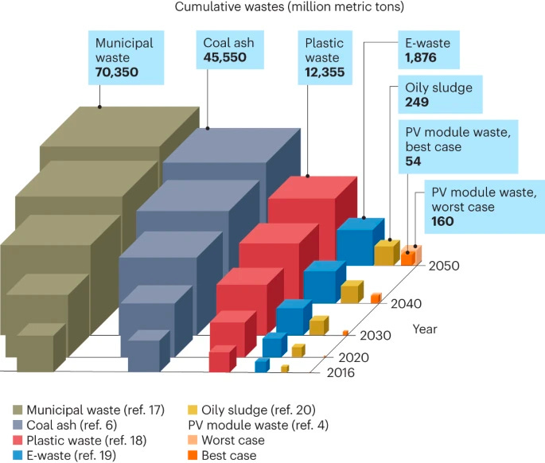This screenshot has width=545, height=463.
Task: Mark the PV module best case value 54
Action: pos(414,161)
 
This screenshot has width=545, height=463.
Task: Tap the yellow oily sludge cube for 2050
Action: pos(385,253)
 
